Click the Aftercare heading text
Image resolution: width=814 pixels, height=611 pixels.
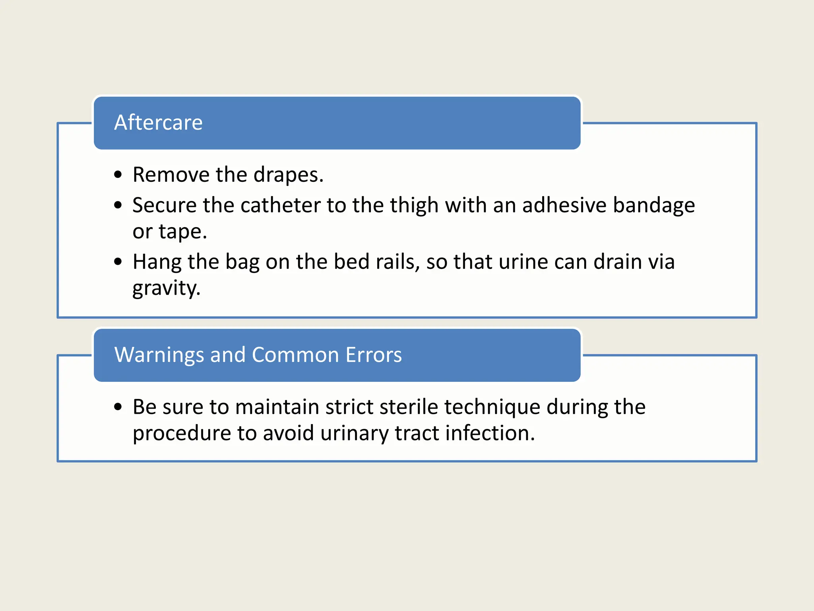click(158, 122)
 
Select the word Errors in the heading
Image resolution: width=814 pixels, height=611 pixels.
click(374, 355)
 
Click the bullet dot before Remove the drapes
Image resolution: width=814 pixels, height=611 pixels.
click(118, 175)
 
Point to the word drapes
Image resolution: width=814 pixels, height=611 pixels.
click(288, 175)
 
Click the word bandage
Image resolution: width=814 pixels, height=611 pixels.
click(654, 206)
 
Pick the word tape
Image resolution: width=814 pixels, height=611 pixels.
click(182, 232)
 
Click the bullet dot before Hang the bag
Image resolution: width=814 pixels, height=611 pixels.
click(118, 262)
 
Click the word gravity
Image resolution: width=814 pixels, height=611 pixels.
click(166, 288)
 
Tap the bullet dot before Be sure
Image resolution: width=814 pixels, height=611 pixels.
click(118, 407)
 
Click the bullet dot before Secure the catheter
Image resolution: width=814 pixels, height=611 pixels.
click(118, 205)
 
